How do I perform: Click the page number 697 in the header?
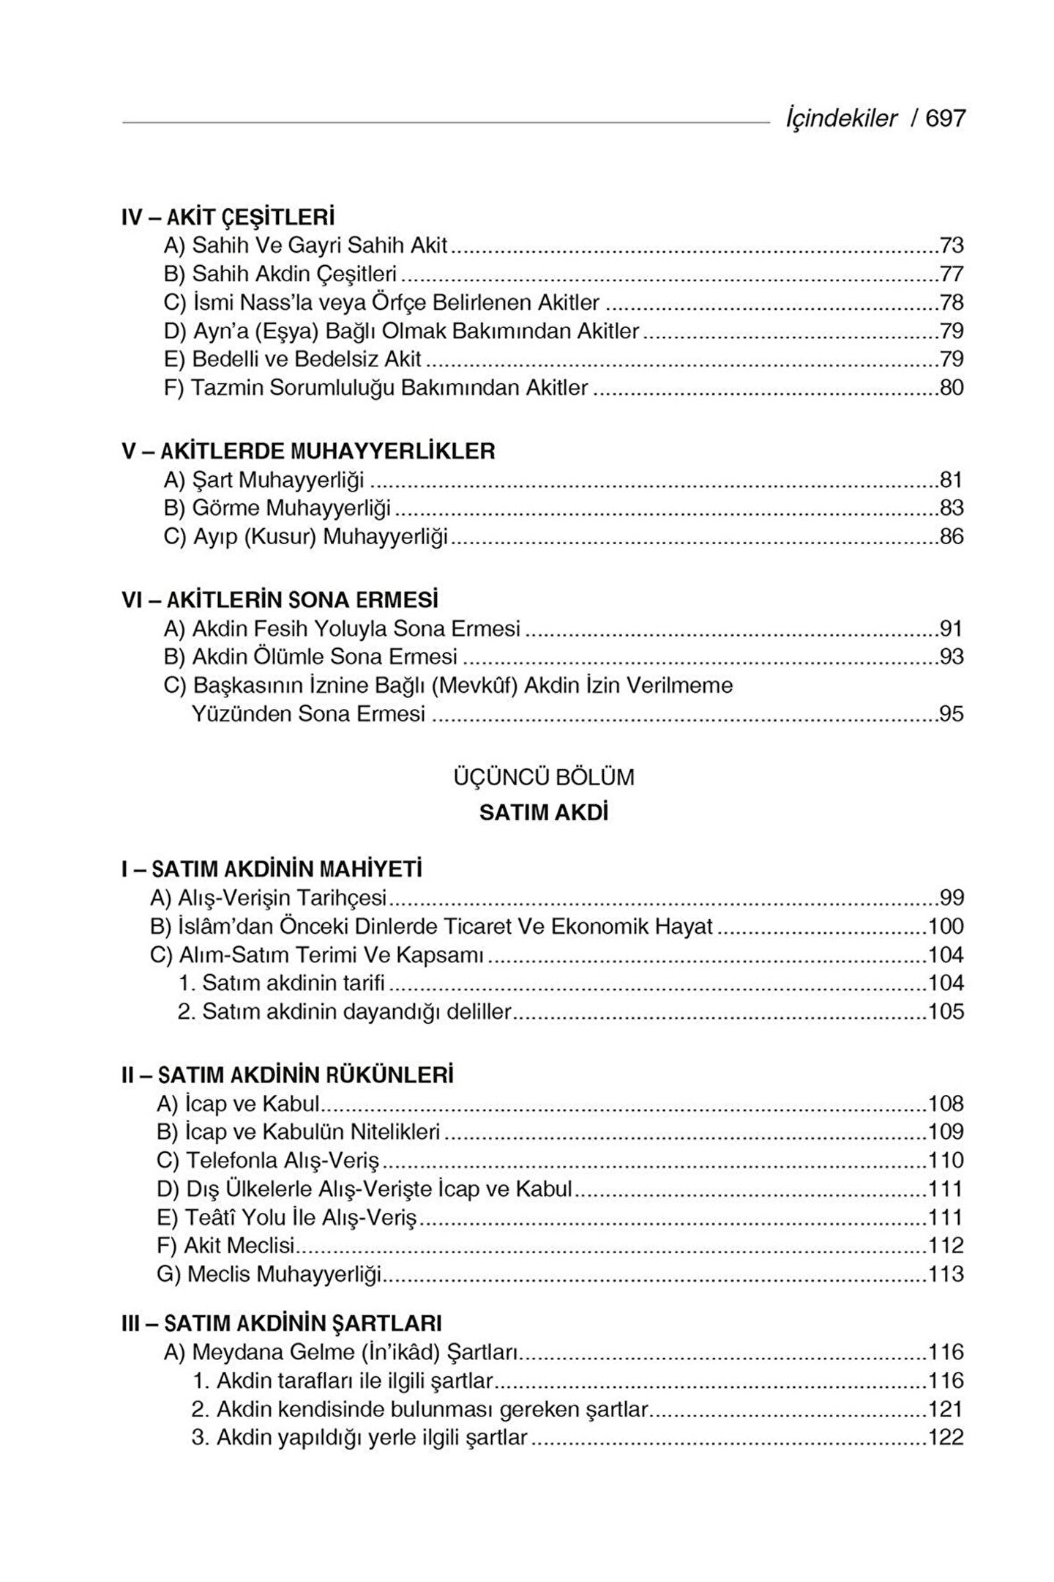click(x=946, y=119)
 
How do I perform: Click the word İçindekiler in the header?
click(x=841, y=119)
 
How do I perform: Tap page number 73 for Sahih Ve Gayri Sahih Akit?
click(x=952, y=245)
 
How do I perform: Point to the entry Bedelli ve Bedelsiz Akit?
click(x=293, y=359)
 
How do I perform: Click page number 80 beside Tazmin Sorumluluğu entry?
click(x=952, y=387)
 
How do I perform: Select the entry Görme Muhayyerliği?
click(x=277, y=508)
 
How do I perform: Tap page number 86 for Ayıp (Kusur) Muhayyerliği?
click(x=952, y=537)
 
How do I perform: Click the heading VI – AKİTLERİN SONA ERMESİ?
click(x=280, y=600)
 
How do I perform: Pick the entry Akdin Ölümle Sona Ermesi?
click(x=311, y=656)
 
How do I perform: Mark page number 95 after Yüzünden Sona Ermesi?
click(x=952, y=713)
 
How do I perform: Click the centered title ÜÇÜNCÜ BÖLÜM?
click(x=544, y=776)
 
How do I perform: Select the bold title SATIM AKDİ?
click(x=544, y=813)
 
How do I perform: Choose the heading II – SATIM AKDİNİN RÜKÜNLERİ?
click(x=287, y=1075)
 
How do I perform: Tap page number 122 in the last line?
click(x=946, y=1437)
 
